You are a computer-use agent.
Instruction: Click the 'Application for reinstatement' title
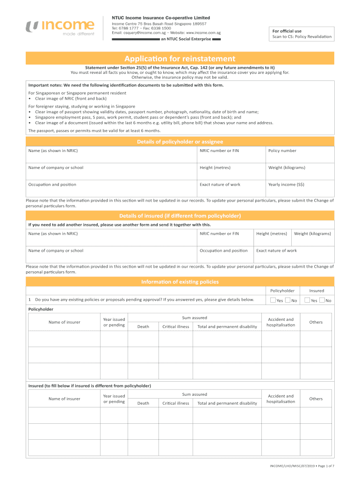[x=180, y=58]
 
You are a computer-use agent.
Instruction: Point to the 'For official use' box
[x=302, y=34]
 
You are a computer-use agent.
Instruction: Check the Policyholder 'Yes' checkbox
[x=273, y=300]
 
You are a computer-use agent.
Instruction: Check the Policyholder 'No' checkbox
[x=288, y=300]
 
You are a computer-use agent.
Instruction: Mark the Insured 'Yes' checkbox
[x=307, y=300]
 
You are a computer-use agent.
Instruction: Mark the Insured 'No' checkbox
[x=322, y=300]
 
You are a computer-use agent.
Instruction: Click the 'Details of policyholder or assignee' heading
[x=180, y=142]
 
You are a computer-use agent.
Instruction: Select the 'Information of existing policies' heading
[x=180, y=282]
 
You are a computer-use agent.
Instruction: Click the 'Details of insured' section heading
[x=180, y=216]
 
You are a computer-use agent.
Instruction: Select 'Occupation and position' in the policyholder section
[x=52, y=184]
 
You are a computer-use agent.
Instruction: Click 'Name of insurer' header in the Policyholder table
[x=65, y=322]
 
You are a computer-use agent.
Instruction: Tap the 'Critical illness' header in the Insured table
[x=176, y=403]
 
